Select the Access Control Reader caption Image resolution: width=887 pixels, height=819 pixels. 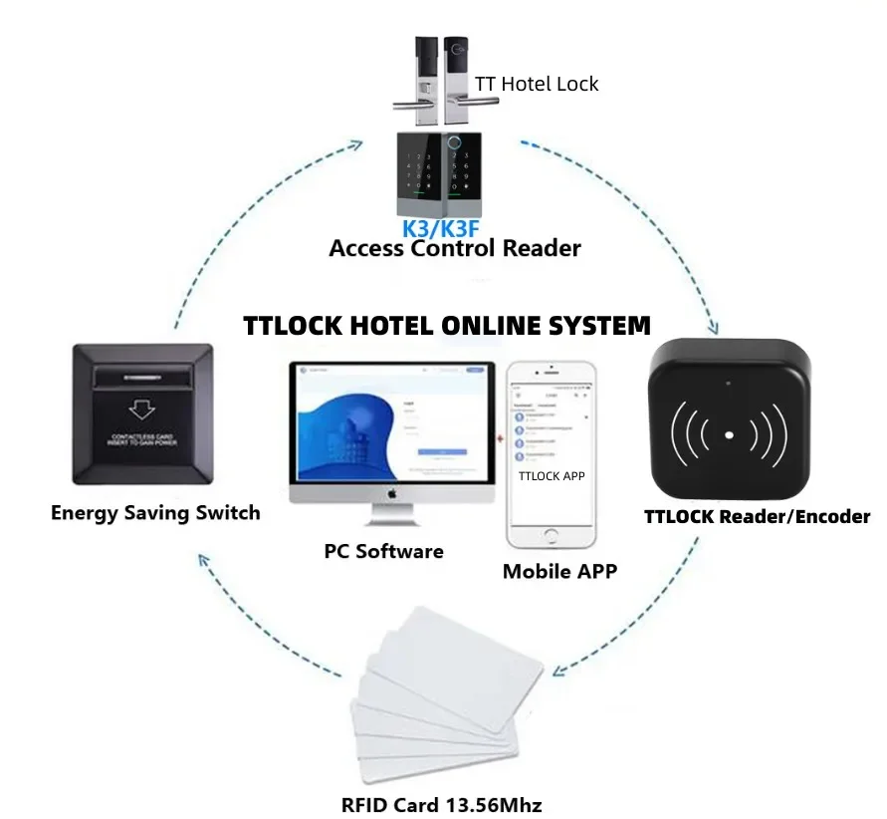454,248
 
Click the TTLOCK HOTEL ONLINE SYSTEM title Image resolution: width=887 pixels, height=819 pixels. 447,326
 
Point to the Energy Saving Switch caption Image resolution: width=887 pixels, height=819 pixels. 155,513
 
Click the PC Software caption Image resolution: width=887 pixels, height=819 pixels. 383,551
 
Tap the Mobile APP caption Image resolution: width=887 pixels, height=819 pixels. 559,571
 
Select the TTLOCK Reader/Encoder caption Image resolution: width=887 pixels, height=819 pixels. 757,516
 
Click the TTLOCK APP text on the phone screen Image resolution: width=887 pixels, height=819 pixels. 552,476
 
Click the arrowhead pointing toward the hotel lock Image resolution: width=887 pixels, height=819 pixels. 355,143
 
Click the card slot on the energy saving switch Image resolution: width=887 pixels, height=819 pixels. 141,378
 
